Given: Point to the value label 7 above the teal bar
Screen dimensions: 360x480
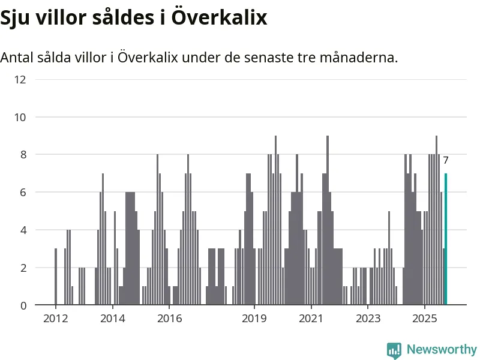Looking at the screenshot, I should [446, 161].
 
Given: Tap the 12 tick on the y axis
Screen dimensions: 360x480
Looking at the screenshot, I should [20, 79].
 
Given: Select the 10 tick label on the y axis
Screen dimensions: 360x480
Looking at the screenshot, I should [20, 117].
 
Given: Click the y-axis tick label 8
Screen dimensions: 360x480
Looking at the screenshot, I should [23, 155].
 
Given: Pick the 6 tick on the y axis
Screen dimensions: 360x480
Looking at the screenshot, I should [23, 193].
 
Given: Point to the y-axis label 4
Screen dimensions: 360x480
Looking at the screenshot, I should [23, 230].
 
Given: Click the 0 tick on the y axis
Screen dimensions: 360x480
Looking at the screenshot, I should [23, 305].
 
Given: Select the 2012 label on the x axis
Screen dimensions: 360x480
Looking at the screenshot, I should [55, 317].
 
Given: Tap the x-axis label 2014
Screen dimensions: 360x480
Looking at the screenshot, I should [112, 317].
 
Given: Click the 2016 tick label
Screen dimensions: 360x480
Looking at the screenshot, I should [169, 317].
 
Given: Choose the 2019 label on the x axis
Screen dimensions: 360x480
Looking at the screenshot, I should [254, 317].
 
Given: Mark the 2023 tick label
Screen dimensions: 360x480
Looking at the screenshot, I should [368, 317].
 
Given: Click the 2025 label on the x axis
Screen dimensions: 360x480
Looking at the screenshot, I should [425, 317].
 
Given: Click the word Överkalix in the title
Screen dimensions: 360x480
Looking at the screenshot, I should [219, 17].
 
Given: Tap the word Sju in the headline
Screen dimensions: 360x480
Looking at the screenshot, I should [16, 18].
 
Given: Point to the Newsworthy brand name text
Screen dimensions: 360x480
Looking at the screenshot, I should [442, 349].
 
